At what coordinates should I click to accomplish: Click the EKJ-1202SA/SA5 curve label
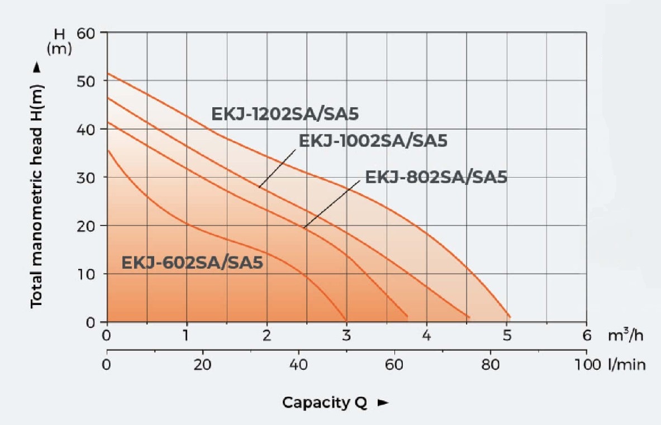[284, 114]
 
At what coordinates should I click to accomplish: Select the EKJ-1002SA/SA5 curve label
[373, 140]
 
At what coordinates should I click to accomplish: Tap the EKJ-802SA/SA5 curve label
[436, 177]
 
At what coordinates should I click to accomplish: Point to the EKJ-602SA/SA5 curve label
[192, 262]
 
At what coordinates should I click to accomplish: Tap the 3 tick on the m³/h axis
[346, 336]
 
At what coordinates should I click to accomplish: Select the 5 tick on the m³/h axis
[506, 336]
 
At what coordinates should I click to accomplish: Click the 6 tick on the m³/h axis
[586, 336]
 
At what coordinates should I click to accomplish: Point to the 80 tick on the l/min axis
[490, 365]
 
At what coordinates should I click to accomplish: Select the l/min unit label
[627, 365]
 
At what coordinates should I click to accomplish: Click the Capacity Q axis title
[325, 403]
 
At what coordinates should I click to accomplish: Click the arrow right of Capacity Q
[383, 403]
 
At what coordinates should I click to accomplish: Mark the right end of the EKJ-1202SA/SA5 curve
[509, 317]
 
